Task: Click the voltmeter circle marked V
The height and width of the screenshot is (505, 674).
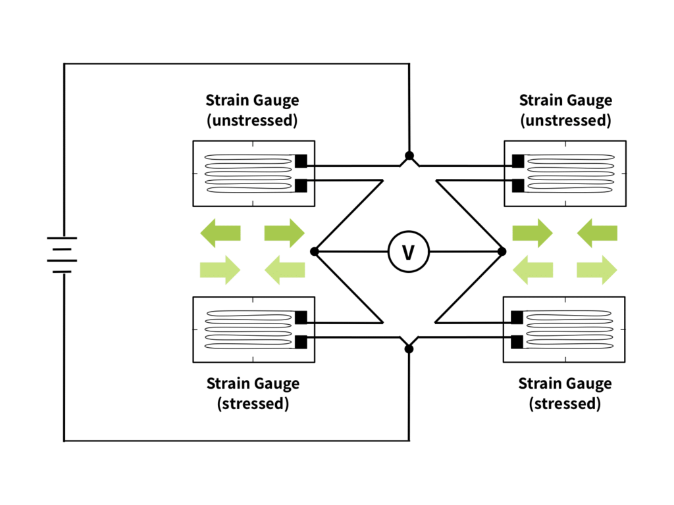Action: point(408,252)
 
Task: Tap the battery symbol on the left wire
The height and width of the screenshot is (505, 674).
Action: point(63,254)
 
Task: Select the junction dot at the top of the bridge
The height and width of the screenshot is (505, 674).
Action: point(409,155)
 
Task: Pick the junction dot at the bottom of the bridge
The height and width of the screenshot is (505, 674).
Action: point(409,349)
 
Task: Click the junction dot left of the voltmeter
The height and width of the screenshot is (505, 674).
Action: point(315,252)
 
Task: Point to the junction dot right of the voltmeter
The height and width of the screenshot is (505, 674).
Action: point(502,252)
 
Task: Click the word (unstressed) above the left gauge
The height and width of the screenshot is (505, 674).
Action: point(252,120)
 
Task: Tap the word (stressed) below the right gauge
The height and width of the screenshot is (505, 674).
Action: point(565,404)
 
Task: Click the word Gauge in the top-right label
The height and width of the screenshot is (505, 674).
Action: point(590,101)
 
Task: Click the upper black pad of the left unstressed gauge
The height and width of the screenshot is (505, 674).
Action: point(301,161)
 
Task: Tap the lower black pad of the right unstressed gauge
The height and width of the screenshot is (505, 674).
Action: point(519,185)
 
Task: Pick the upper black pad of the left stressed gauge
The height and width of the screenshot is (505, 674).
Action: point(301,318)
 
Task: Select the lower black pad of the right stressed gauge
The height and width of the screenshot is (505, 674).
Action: point(517,342)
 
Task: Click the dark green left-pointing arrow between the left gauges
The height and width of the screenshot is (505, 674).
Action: point(220,233)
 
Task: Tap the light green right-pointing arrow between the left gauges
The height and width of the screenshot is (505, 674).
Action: point(220,270)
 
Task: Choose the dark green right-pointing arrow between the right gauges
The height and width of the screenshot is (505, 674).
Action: point(532,233)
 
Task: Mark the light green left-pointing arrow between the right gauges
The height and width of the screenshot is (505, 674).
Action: point(533,270)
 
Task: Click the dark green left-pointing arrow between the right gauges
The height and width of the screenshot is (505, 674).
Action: point(597,233)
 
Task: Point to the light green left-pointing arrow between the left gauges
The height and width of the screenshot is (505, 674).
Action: point(284,270)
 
